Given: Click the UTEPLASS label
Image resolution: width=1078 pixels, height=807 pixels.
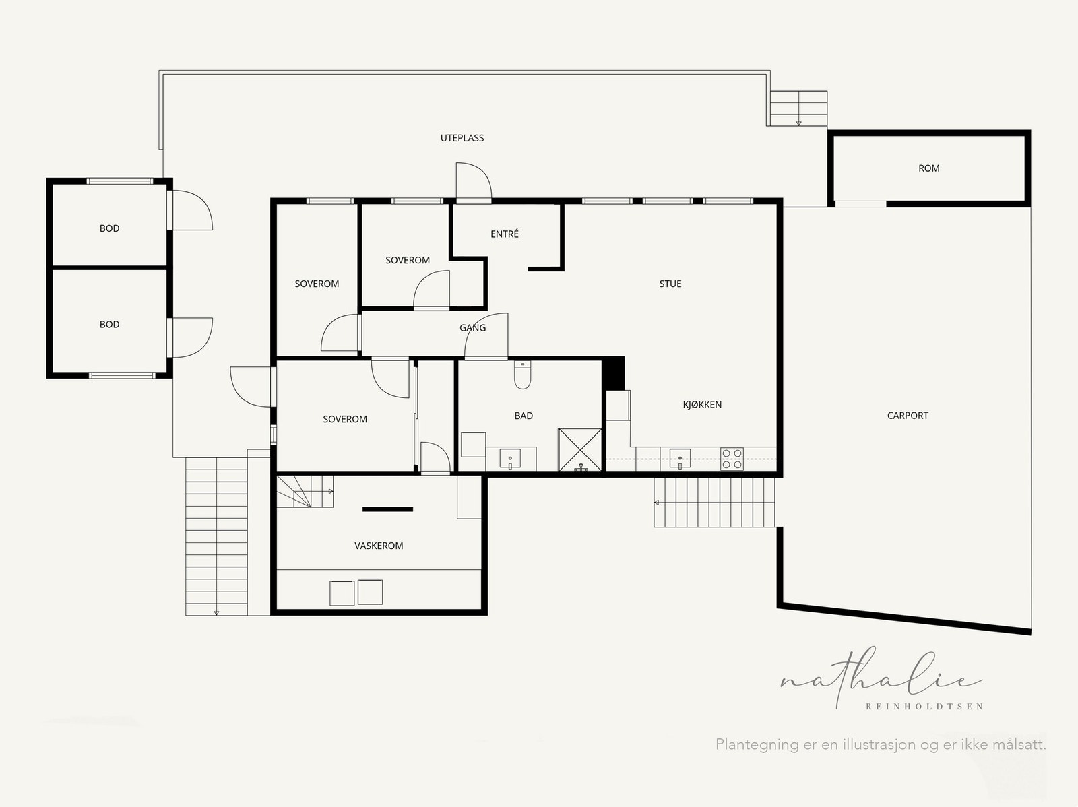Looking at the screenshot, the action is coord(462,138).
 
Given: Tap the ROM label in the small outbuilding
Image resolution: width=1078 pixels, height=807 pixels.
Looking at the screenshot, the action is coord(928,168).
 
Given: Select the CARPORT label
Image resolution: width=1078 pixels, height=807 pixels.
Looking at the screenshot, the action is coord(908,415).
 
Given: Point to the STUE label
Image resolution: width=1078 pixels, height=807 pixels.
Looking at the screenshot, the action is coord(670,283).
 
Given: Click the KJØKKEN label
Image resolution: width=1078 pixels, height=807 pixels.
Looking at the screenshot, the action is coord(702,404).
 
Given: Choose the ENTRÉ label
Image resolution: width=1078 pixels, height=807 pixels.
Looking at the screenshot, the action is coord(505,234).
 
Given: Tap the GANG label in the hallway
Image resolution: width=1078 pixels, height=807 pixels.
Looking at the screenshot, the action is coord(472,327).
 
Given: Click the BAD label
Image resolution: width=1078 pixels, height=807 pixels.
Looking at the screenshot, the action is coord(524,416).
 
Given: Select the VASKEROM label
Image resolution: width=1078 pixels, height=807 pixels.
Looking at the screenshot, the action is coord(379,546).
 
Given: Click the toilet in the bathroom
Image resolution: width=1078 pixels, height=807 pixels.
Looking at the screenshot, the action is coord(522,375).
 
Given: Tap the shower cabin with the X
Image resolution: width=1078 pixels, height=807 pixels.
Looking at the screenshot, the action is coord(580,449).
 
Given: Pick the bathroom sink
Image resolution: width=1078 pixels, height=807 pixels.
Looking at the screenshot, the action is coord(510,458).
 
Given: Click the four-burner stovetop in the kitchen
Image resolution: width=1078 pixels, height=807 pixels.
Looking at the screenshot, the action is coord(732,459).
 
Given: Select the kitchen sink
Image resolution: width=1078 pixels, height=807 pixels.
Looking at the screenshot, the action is coord(680,459).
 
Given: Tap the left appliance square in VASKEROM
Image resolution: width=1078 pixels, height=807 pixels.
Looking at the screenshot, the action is coord(342,593).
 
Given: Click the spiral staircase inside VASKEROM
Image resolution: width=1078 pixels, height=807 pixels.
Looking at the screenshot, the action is coord(305,491).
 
